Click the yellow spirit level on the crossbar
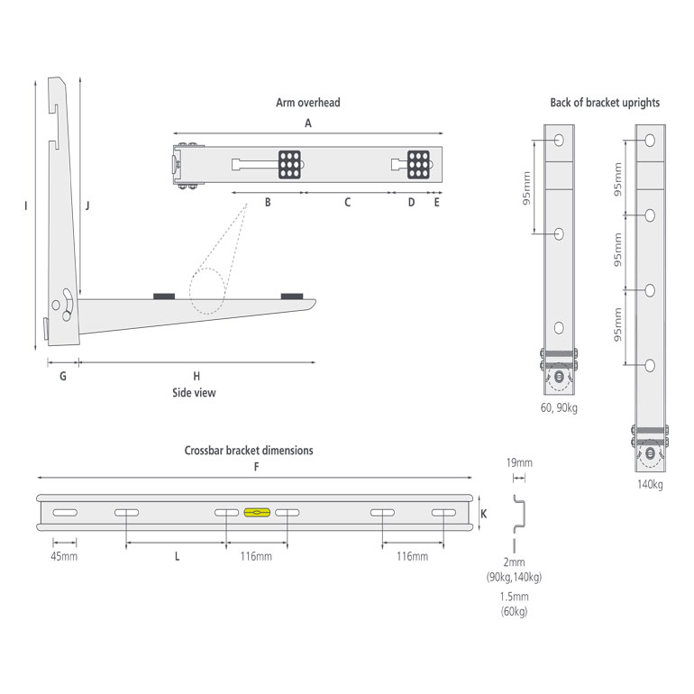tap(256, 513)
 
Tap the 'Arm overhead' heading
tap(307, 103)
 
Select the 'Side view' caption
tap(194, 392)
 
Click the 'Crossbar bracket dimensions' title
tap(249, 450)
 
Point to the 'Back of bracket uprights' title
tap(605, 103)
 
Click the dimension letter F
tap(257, 467)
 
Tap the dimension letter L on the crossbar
tap(177, 557)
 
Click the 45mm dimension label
tap(64, 556)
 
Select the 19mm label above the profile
tap(519, 463)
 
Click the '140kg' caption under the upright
tap(649, 485)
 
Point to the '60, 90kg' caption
tap(558, 408)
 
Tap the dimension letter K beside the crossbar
tap(484, 513)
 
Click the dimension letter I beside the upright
tap(27, 206)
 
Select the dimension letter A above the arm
tap(307, 123)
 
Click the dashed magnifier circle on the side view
tap(206, 291)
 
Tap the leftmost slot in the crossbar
tap(64, 513)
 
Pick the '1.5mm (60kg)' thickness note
tap(516, 604)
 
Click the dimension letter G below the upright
tap(63, 376)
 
